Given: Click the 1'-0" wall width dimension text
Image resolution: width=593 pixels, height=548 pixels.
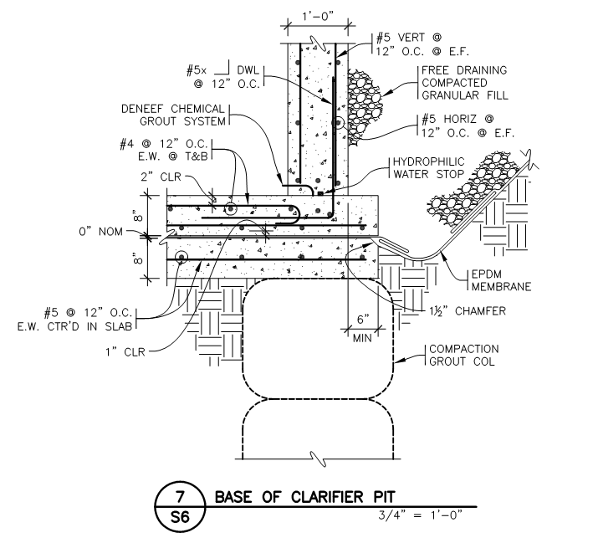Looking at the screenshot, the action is click(x=318, y=16).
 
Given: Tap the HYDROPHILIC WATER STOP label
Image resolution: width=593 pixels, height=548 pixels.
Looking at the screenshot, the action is click(x=428, y=168).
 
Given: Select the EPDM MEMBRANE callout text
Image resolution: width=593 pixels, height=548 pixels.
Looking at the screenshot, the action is click(x=501, y=280).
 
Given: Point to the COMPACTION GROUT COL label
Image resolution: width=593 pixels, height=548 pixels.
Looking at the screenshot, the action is click(x=463, y=355).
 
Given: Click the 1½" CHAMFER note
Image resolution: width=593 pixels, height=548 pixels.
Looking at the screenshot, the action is click(x=468, y=311).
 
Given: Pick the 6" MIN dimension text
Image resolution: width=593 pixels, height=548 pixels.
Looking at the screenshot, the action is click(x=362, y=329).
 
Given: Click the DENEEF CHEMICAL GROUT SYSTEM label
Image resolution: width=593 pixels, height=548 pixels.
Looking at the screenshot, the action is click(x=173, y=115).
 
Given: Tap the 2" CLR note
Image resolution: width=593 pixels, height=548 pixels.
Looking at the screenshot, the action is click(x=161, y=177).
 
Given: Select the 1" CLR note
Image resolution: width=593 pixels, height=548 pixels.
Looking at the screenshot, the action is click(x=125, y=352).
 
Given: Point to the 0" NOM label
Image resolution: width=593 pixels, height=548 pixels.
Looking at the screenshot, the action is click(x=100, y=231).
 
